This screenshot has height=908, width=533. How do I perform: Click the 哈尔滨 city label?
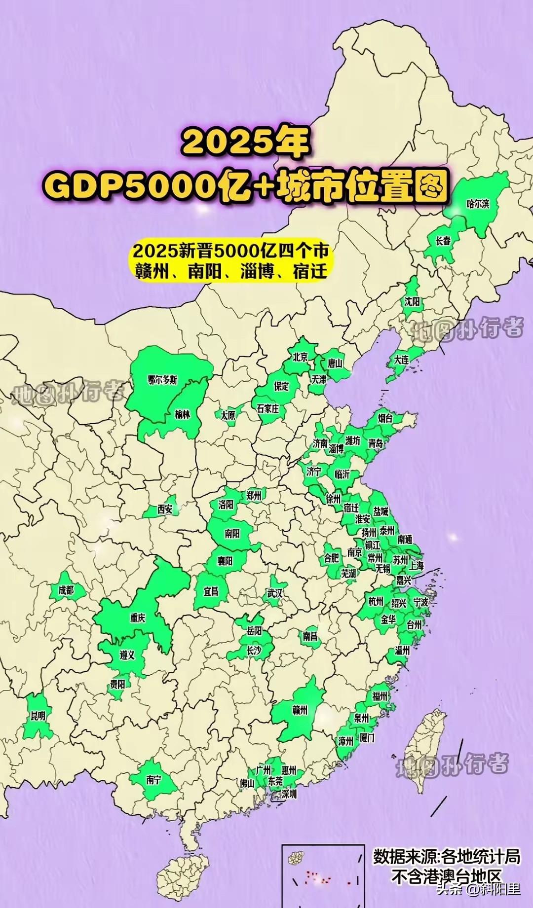click(478, 204)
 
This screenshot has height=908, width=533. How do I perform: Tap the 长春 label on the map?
click(443, 241)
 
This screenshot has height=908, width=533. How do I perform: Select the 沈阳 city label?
click(412, 301)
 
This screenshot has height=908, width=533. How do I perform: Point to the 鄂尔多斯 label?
click(162, 380)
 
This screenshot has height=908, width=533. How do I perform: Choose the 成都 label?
click(66, 589)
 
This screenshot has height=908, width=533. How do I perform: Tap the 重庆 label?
click(138, 617)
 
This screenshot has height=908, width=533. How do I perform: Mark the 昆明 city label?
click(38, 716)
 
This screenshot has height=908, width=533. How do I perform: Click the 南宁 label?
click(153, 780)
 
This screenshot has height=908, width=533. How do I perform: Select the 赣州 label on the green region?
click(300, 710)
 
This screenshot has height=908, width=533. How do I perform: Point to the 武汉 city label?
click(275, 593)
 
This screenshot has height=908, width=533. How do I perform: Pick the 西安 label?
click(165, 509)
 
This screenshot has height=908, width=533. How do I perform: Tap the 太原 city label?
click(228, 415)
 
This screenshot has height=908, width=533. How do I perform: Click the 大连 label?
click(401, 360)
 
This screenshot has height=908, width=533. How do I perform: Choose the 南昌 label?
click(310, 636)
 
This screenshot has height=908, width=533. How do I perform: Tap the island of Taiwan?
click(424, 755)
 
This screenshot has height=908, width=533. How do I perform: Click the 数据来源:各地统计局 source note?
click(446, 856)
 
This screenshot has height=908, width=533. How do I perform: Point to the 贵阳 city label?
click(117, 684)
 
